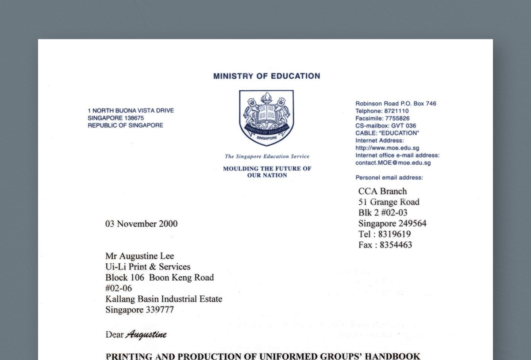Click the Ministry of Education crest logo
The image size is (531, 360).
pyautogui.click(x=266, y=118)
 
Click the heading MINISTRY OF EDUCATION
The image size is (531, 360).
pyautogui.click(x=266, y=76)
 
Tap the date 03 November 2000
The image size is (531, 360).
pyautogui.click(x=141, y=224)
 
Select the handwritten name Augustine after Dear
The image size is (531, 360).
pyautogui.click(x=146, y=334)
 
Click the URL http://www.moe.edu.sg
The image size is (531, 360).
pyautogui.click(x=387, y=148)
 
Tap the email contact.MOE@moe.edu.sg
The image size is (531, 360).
pyautogui.click(x=393, y=163)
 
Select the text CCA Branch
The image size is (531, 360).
pyautogui.click(x=382, y=191)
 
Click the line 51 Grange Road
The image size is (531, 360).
pyautogui.click(x=389, y=202)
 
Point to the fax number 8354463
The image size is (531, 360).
pyautogui.click(x=396, y=245)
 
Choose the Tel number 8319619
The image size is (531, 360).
pyautogui.click(x=395, y=234)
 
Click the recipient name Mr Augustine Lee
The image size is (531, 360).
pyautogui.click(x=139, y=256)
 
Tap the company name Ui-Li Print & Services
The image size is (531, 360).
pyautogui.click(x=148, y=267)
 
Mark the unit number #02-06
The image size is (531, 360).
pyautogui.click(x=118, y=288)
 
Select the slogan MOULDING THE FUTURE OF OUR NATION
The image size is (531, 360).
pyautogui.click(x=267, y=172)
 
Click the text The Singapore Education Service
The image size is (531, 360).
pyautogui.click(x=267, y=156)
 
